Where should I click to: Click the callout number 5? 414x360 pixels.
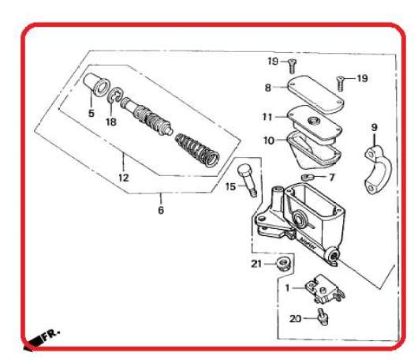pos(91,113)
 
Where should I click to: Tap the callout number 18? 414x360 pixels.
pos(111,122)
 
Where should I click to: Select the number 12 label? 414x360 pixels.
pos(124,178)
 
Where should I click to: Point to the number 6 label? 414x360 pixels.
pos(161,210)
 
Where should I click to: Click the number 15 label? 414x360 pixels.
pos(230,187)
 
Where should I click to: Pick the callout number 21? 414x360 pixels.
pos(256,264)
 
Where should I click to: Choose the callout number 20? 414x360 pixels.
pos(295,318)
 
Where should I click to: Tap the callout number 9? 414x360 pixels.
pos(375,128)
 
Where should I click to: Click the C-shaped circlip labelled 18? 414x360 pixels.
pos(116,96)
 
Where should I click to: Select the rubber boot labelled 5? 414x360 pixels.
pos(96,84)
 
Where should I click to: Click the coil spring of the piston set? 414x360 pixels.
pos(197,150)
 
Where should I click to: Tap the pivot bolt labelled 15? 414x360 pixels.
pos(247,180)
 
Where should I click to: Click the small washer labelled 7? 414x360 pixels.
pos(307,177)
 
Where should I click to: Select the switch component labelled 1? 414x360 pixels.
pos(324,289)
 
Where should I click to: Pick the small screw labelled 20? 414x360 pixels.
pos(323,317)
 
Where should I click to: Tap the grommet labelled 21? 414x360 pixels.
pos(283,264)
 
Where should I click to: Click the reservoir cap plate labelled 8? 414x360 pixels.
pos(315,94)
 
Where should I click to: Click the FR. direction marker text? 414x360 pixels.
pos(51,335)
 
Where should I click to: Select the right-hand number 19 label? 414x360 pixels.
pos(362,78)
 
